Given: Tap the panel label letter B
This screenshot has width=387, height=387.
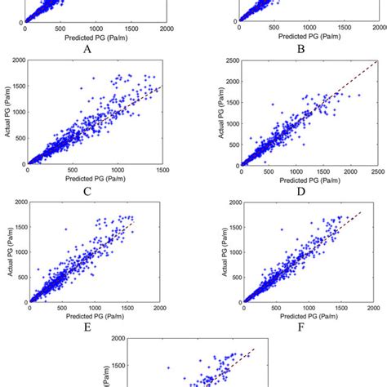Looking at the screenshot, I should [300, 48].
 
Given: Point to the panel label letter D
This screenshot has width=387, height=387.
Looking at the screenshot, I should [300, 193].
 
